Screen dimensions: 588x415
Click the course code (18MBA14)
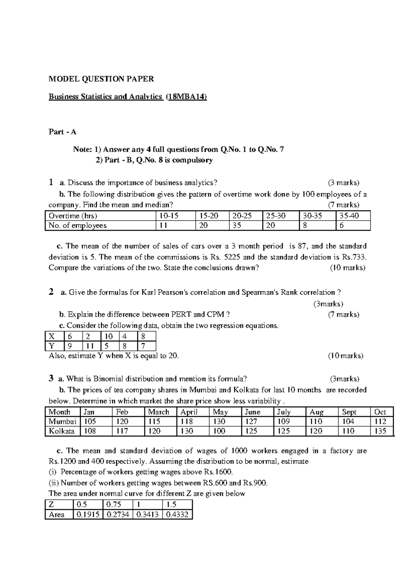point(186,97)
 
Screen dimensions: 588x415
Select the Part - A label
point(62,132)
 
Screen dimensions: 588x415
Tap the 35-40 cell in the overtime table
point(349,216)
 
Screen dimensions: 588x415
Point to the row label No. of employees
point(77,225)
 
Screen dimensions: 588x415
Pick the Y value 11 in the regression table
point(90,346)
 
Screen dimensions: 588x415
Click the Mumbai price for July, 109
point(284,421)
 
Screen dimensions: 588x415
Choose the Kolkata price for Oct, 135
point(380,431)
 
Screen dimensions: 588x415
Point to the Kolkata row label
point(62,431)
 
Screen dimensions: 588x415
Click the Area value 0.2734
point(118,515)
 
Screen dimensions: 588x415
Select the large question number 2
point(51,292)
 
